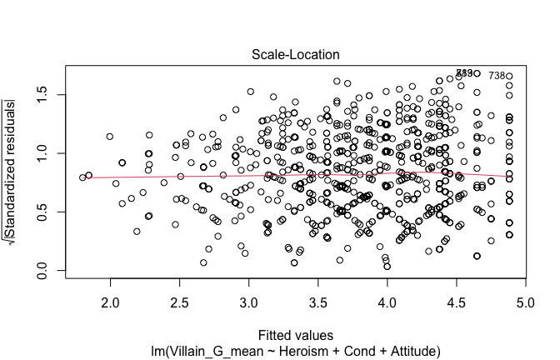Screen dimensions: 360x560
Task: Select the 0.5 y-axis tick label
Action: [37, 212]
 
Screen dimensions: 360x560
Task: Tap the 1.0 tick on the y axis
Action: [37, 153]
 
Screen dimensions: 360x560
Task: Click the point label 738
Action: [497, 76]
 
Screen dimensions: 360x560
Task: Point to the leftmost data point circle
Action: [82, 177]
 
